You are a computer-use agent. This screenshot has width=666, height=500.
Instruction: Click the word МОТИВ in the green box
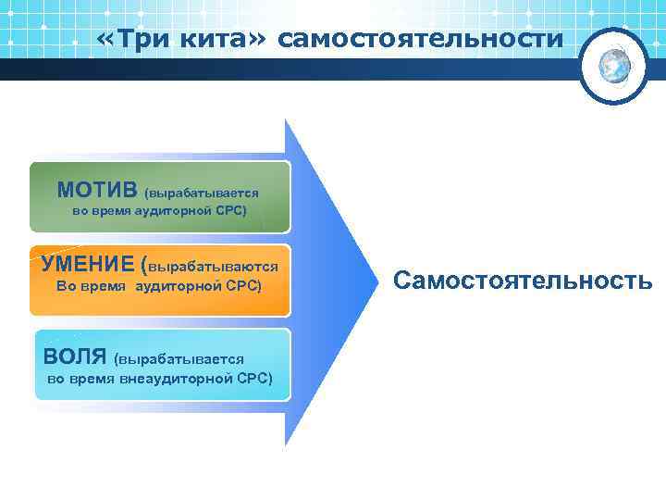coord(97,190)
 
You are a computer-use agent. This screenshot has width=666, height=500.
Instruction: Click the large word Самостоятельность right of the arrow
coord(524,279)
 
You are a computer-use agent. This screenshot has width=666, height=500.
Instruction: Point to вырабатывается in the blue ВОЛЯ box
coord(181,357)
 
